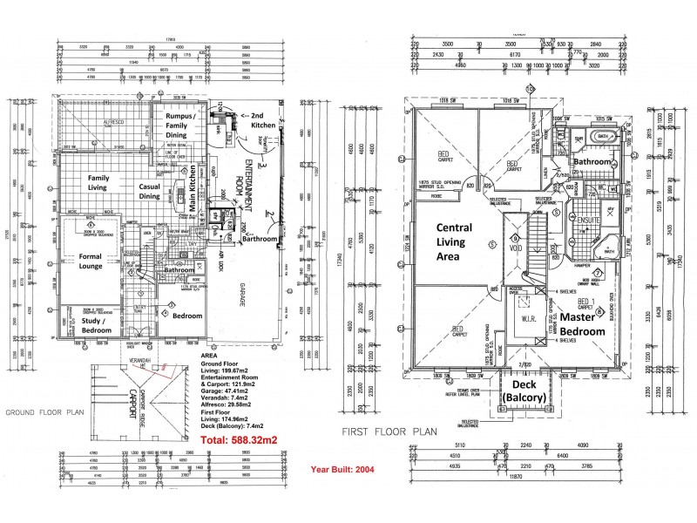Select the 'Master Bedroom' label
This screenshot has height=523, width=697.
tap(581, 325)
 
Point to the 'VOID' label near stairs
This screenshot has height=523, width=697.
tap(515, 247)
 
